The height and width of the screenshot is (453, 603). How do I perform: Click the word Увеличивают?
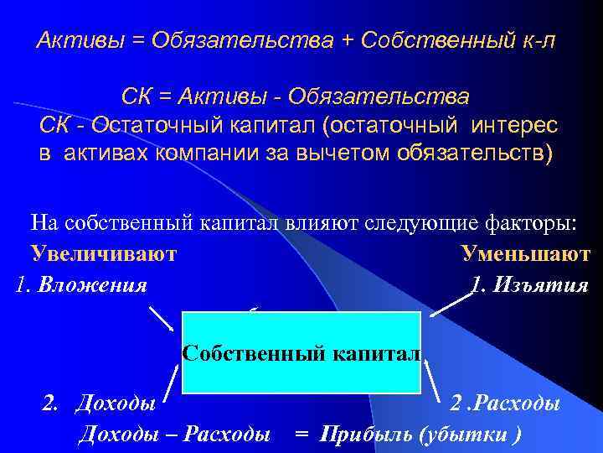[x=103, y=254]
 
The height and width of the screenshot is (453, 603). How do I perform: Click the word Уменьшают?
[x=525, y=254]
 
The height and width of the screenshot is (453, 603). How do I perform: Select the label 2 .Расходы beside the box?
[x=505, y=404]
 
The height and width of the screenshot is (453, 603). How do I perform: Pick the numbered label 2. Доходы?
[x=99, y=404]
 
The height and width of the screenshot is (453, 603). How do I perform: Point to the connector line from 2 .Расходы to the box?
[x=435, y=382]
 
